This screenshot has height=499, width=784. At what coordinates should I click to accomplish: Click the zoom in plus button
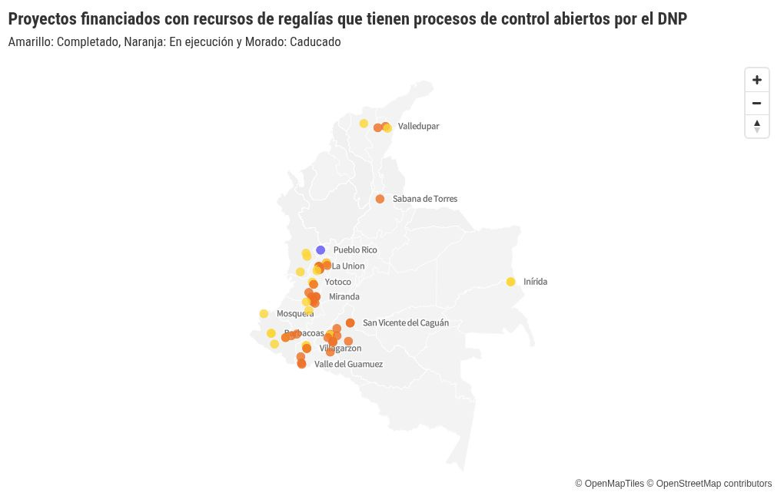click(x=756, y=80)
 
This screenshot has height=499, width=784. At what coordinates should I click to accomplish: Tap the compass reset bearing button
click(x=756, y=126)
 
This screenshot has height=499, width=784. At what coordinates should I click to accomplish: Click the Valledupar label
click(x=418, y=126)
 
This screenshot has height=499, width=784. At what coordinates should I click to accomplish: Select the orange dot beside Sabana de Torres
click(x=380, y=199)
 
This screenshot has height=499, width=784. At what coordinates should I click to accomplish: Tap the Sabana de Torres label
click(x=424, y=199)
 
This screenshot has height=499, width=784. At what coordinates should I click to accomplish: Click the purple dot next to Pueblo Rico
click(x=321, y=250)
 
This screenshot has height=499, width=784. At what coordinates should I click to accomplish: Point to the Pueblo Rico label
click(x=355, y=250)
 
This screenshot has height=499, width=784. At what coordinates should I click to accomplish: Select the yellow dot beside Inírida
click(x=510, y=282)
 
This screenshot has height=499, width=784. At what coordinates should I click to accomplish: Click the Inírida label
click(x=535, y=282)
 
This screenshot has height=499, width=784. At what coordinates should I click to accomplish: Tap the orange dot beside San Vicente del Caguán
click(x=350, y=323)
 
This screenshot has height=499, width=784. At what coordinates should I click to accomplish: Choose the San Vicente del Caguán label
click(x=405, y=323)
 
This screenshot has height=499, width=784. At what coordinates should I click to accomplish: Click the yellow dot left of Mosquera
click(x=264, y=313)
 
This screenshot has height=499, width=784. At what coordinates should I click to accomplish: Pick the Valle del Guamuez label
click(x=348, y=364)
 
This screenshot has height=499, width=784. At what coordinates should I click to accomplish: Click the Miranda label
click(x=344, y=296)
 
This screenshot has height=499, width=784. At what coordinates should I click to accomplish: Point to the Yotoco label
click(x=337, y=282)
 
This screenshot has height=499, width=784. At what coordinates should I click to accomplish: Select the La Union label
click(x=348, y=266)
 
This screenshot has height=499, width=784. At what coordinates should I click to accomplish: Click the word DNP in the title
click(x=673, y=19)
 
